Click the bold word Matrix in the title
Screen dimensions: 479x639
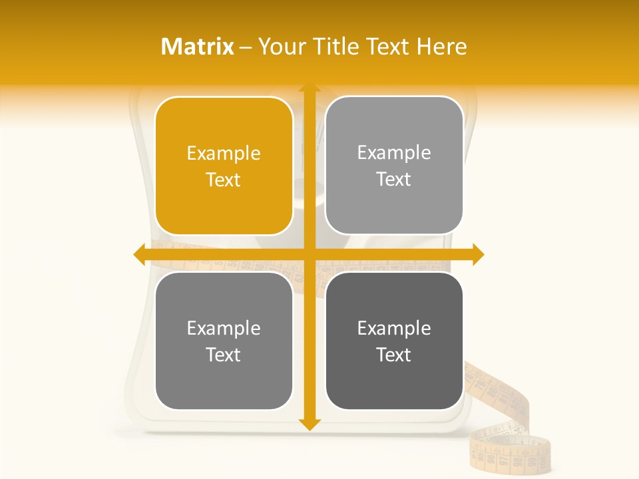[x=198, y=47]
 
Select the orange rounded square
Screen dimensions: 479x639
[x=224, y=166]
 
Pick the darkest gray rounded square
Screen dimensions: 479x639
[x=394, y=341]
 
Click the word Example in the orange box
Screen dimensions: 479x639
[x=224, y=154]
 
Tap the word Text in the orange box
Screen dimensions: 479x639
[x=224, y=180]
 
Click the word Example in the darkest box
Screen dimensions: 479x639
[x=394, y=328]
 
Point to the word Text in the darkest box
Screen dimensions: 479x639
[x=394, y=355]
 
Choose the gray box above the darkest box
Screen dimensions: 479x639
[x=394, y=166]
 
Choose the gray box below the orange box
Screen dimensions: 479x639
[x=224, y=341]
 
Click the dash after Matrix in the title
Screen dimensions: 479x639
[x=246, y=47]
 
